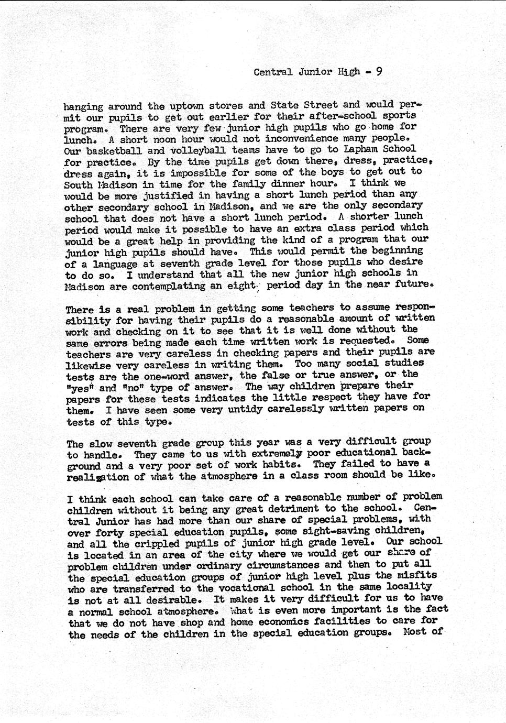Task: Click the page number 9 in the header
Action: (x=378, y=71)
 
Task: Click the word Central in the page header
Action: (x=273, y=72)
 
